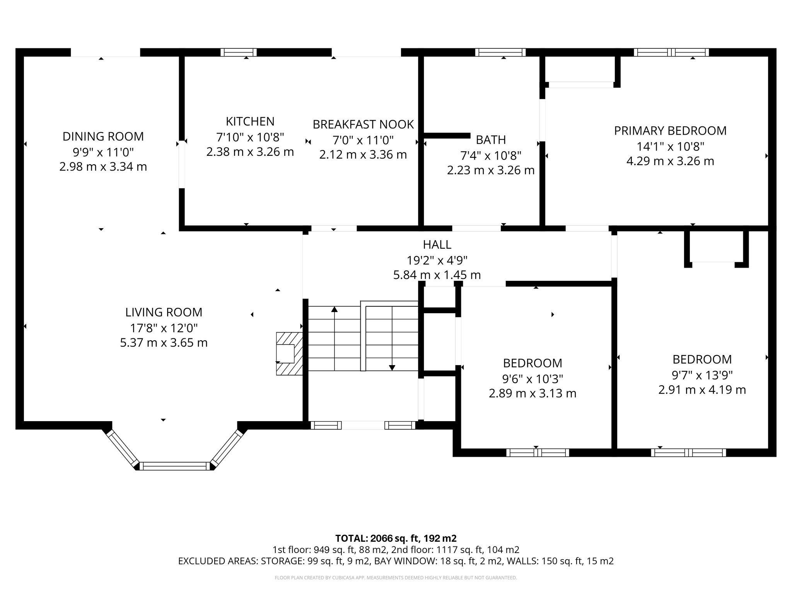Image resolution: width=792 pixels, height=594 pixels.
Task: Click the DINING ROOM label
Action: coord(103,137)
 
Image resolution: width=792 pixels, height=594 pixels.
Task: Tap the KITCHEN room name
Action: coord(250,121)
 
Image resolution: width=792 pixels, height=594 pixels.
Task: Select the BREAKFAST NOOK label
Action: coord(363,125)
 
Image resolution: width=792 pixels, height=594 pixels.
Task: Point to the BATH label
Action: coord(491,140)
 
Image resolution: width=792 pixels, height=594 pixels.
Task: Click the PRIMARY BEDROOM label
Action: coord(670,131)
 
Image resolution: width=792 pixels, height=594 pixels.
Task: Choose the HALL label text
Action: coord(437,244)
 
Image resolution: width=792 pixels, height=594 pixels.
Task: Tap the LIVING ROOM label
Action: coord(164,312)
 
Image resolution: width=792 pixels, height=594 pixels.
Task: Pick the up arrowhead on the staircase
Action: coord(335,309)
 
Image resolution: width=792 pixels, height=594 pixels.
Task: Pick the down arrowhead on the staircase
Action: coord(392,368)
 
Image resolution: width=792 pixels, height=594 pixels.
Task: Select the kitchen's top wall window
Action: coord(239,52)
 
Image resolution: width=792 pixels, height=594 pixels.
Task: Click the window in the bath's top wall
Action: coord(500,52)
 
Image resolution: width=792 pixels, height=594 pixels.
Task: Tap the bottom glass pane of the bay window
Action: coord(175,466)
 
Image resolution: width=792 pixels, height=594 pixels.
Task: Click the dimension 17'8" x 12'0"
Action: coord(164,328)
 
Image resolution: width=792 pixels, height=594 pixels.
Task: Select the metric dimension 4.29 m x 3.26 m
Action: coord(670,161)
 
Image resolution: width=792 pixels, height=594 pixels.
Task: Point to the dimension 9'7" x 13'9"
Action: coord(702,375)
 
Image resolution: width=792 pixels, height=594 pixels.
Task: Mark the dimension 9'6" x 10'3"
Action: coord(533,378)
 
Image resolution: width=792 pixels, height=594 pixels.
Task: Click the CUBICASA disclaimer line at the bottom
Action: coord(396,578)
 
